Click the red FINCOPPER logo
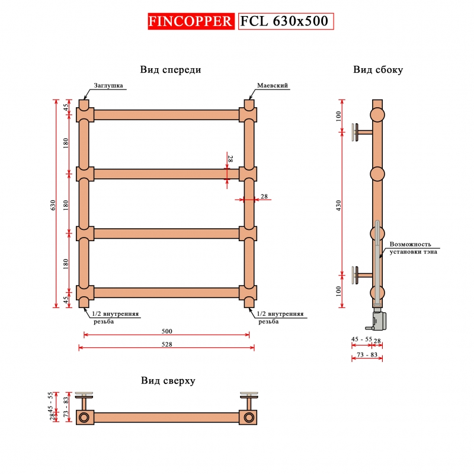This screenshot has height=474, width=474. pos(191,21)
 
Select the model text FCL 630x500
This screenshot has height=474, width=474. pos(284,21)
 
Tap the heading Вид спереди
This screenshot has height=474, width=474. pos(171,70)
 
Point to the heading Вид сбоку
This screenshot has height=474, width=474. pos(378,70)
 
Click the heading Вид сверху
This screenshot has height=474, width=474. pos(168,380)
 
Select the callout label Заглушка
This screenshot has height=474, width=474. pos(108,85)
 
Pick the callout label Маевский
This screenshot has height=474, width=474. pos(273,85)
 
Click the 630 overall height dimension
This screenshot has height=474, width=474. pos(53,205)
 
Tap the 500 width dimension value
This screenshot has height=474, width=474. pos(167,331)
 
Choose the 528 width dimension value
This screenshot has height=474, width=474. pos(167,344)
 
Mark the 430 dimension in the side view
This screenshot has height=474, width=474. pos(338,206)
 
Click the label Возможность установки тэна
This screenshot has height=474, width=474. pos(413,248)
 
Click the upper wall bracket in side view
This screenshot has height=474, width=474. pos(362,132)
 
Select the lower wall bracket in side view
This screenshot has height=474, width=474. pos(362,275)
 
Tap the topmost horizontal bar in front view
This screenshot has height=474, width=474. pos(166,115)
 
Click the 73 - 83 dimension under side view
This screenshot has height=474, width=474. pos(367,354)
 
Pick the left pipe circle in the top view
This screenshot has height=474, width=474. pos(84,418)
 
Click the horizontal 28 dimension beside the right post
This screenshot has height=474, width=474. pos(264,197)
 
